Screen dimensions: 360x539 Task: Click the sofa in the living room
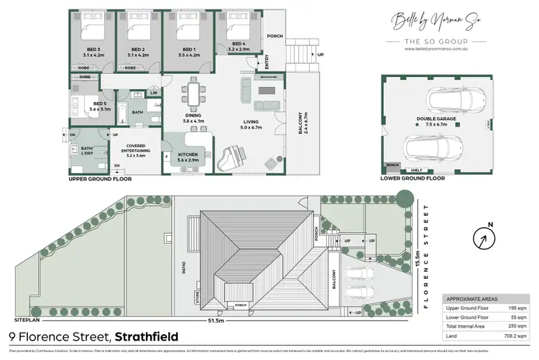[246, 91]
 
